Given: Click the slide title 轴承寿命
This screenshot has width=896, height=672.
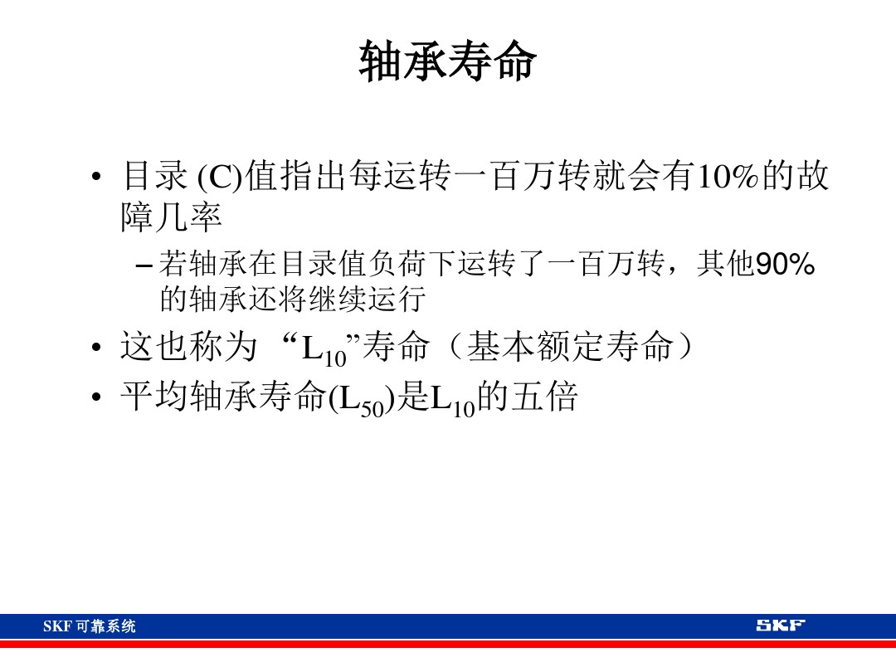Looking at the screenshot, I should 448,63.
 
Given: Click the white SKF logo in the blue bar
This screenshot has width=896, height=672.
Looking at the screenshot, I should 780,626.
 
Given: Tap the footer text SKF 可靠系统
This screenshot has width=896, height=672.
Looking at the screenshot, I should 89,626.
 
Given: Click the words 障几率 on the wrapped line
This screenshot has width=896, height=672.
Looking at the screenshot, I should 172,217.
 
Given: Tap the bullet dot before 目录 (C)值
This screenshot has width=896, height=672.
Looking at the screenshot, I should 98,178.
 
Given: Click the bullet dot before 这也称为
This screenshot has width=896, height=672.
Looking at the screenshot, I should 98,349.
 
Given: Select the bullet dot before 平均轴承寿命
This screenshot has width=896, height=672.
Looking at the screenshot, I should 98,399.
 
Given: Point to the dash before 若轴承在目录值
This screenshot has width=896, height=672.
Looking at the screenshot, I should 144,266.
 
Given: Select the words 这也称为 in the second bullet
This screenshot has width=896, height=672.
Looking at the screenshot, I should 188,348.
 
